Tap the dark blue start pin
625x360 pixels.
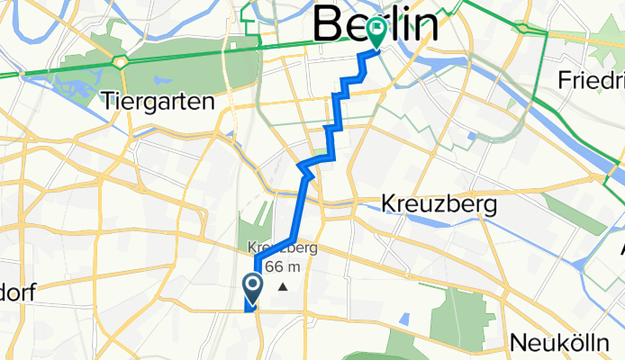(x=252, y=288)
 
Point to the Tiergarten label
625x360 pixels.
(x=159, y=100)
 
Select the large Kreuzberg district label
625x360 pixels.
(x=439, y=204)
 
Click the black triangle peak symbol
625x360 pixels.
(x=283, y=287)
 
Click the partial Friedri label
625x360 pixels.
(x=590, y=79)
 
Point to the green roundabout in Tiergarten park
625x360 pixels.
(x=120, y=62)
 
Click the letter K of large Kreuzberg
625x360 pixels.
(x=389, y=204)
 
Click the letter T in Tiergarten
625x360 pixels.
(x=110, y=100)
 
